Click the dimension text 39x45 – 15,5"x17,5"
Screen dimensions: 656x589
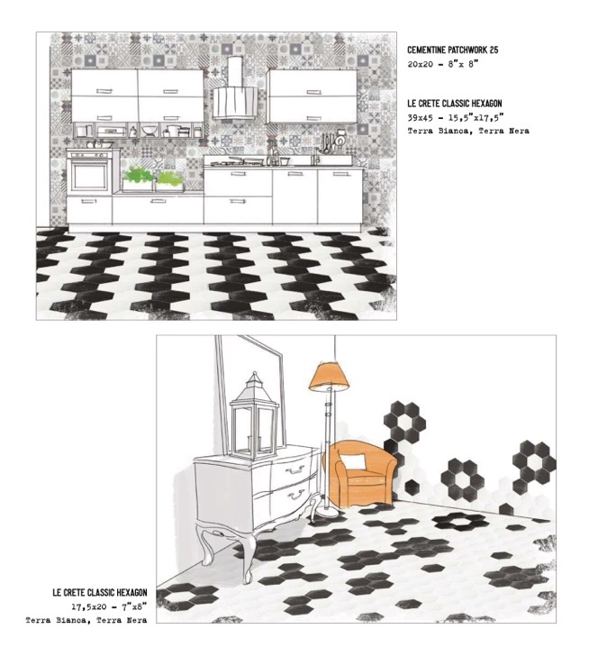[x=454, y=118]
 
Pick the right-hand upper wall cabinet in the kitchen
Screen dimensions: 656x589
[x=312, y=95]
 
